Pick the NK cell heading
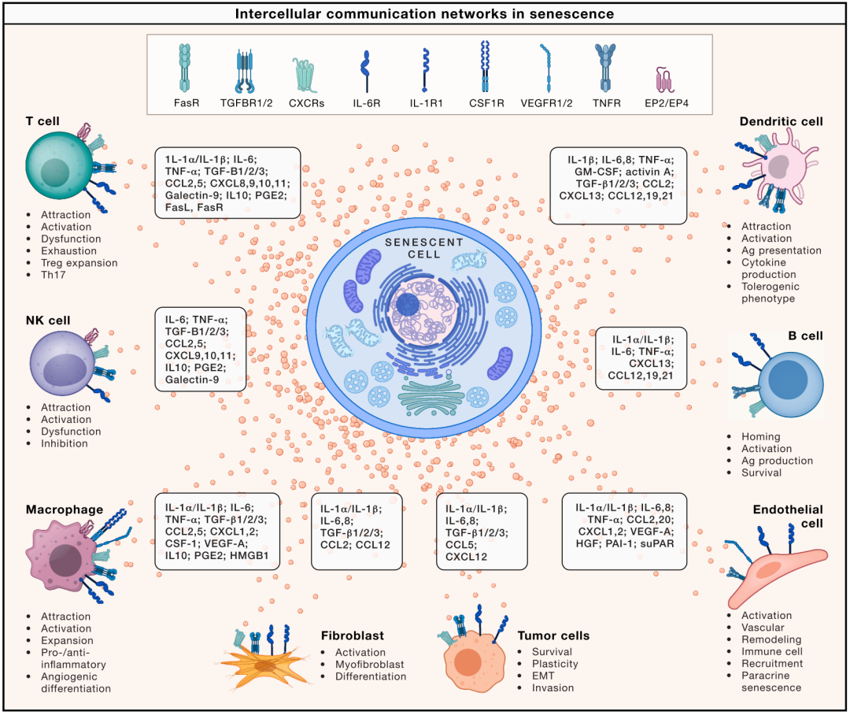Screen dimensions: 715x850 pos(47,320)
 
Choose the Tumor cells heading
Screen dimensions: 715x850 pos(553,635)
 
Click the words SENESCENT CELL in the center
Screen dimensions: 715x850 pos(424,248)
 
